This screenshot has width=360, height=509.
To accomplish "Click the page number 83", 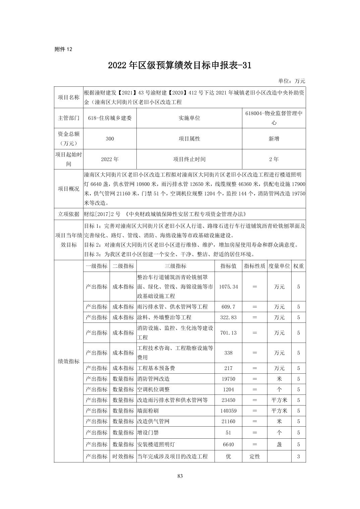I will [x=180, y=476].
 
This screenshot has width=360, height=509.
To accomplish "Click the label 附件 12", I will [x=63, y=49].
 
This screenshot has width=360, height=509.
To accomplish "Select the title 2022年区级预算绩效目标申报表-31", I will [x=180, y=65].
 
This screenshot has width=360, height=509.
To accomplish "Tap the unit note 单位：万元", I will [x=292, y=81].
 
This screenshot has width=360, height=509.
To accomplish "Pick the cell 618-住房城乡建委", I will [x=110, y=118].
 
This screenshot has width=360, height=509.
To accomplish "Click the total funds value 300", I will [x=110, y=139].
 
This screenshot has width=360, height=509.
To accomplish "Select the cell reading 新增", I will [x=274, y=139].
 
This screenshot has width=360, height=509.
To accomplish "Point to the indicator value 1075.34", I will [x=228, y=287].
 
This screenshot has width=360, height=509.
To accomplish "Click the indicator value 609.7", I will [x=228, y=307].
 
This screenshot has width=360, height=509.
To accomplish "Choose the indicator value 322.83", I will [x=228, y=317].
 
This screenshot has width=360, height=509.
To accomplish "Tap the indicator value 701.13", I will [x=228, y=333].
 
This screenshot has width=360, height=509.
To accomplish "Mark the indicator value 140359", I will [x=228, y=411].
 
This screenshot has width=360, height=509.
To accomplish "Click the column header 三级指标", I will [x=175, y=266].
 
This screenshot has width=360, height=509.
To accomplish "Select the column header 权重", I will [x=298, y=266].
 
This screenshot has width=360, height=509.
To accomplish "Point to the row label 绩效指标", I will [x=69, y=361].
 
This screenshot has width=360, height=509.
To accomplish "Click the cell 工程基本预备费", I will [x=156, y=368].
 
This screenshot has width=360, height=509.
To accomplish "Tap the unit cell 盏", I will [x=279, y=444].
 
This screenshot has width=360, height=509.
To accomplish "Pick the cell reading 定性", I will [x=254, y=456].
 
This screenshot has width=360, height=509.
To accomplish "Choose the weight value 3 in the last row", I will [x=298, y=456].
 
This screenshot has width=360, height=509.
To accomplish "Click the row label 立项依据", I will [x=69, y=214].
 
